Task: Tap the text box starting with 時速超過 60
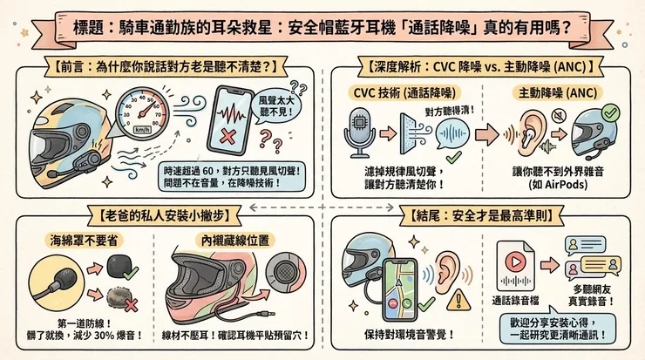230,177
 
